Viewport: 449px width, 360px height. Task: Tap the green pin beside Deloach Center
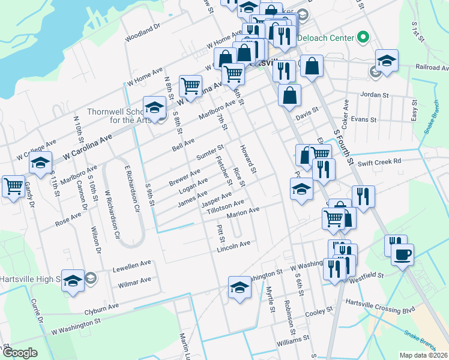pos(363,38)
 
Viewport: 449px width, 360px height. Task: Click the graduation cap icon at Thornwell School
pos(154,107)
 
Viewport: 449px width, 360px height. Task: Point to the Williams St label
pos(292,341)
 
